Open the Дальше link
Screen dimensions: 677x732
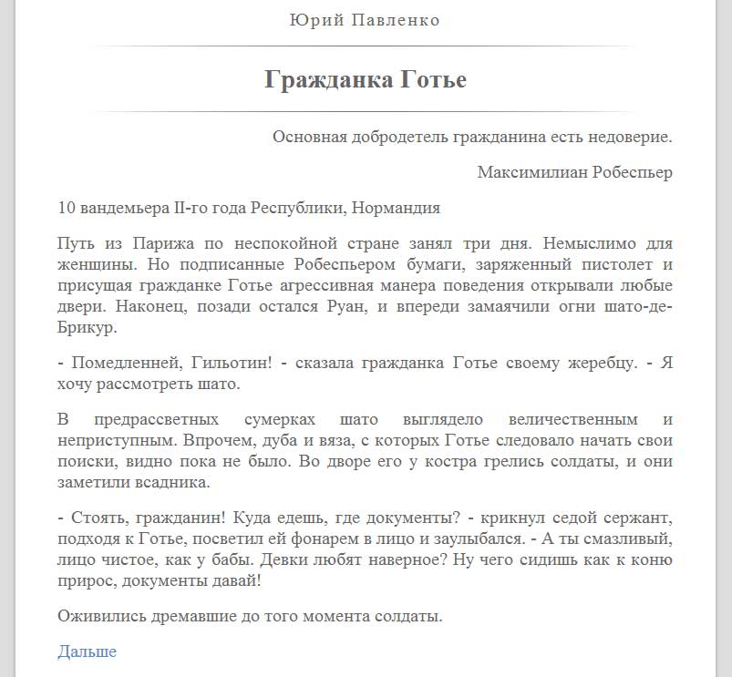pyautogui.click(x=87, y=651)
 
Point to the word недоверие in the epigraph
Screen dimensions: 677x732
pyautogui.click(x=630, y=138)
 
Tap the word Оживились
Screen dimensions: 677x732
pyautogui.click(x=100, y=617)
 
